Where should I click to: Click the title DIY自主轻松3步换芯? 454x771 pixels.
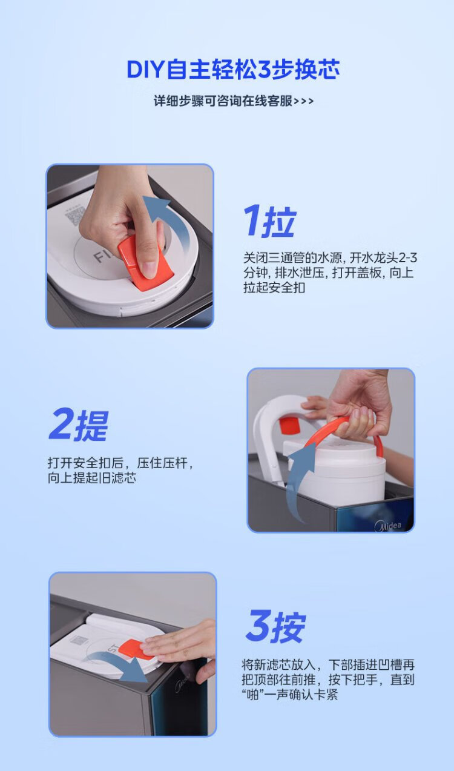point(233,69)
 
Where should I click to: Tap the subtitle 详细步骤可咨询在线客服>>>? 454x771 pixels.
point(234,101)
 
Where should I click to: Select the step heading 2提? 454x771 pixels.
point(79,425)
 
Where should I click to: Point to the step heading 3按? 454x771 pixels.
point(276,626)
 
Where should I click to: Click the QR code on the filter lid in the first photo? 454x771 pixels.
point(74,215)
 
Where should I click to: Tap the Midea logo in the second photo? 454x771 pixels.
point(388,526)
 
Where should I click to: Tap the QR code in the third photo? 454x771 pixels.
point(79,641)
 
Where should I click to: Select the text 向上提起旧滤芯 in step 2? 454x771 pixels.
point(92,478)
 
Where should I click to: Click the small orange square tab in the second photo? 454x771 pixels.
point(288,425)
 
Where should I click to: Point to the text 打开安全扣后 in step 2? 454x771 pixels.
point(85,463)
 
